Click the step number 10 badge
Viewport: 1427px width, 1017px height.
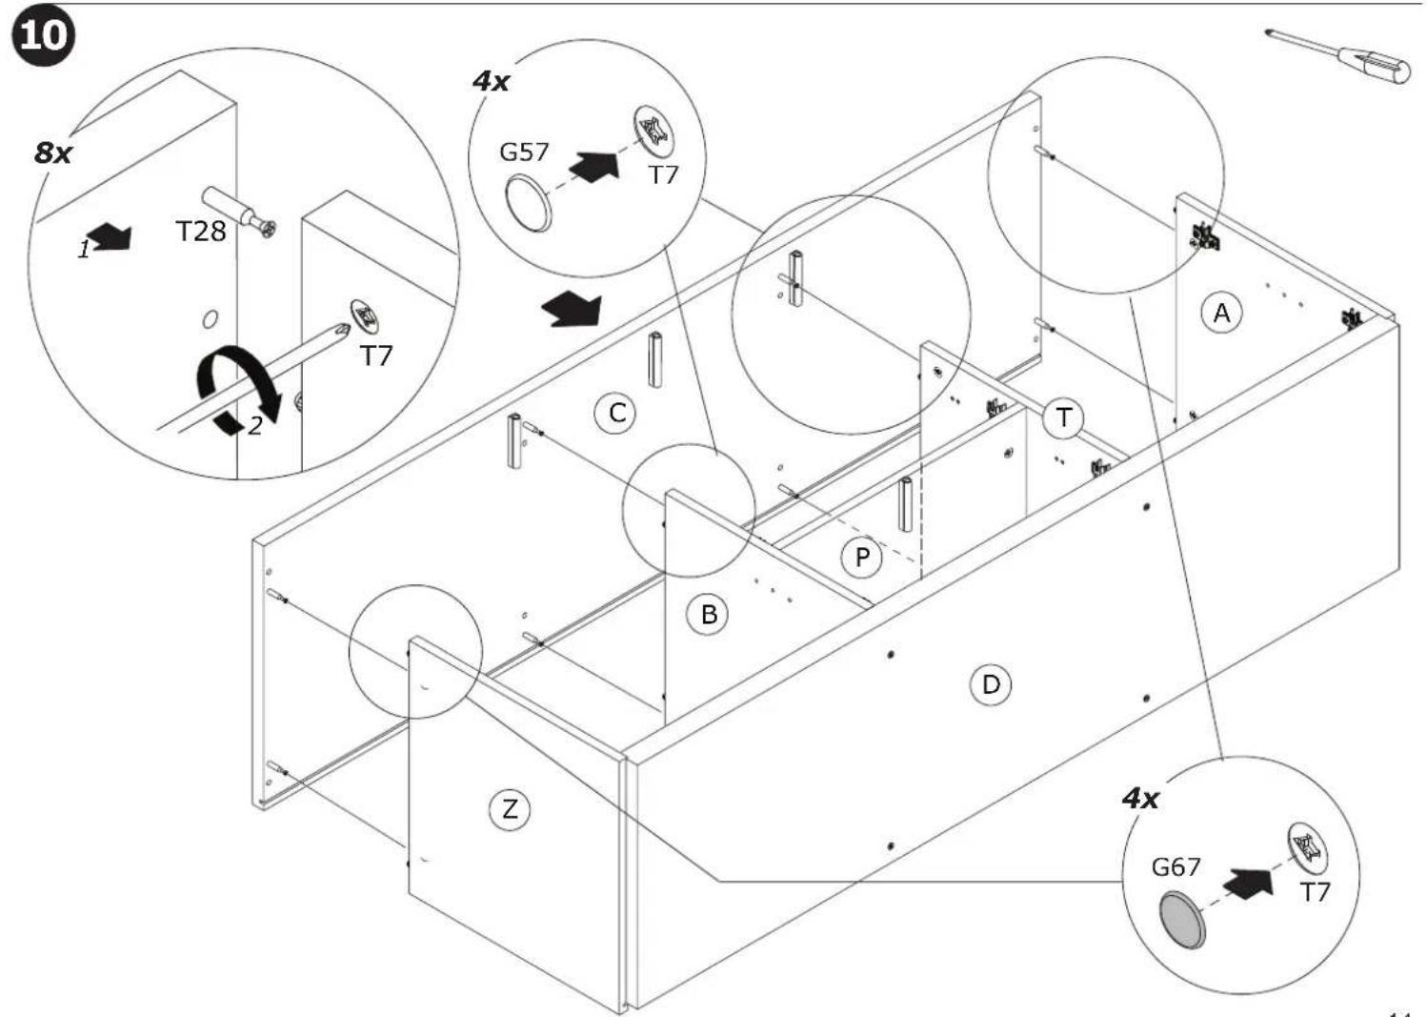click(43, 35)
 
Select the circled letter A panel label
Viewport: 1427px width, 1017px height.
click(1221, 313)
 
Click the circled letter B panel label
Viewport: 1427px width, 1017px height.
click(709, 614)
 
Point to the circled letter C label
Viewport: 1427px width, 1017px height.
click(615, 413)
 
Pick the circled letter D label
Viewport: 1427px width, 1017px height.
click(991, 684)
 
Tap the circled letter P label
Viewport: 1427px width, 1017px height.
click(862, 558)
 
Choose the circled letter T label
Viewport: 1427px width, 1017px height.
click(1064, 417)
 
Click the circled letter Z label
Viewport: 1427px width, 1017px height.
click(509, 809)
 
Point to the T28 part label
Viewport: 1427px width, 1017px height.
click(201, 232)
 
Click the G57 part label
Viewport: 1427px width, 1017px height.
click(524, 152)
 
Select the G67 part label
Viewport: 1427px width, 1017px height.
click(1176, 866)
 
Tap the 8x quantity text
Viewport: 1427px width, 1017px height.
click(53, 153)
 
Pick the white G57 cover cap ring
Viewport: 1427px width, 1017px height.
click(529, 205)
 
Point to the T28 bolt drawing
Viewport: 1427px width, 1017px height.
click(239, 213)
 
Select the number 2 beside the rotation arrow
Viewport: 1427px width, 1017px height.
click(255, 426)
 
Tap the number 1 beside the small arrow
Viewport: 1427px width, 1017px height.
click(84, 249)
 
